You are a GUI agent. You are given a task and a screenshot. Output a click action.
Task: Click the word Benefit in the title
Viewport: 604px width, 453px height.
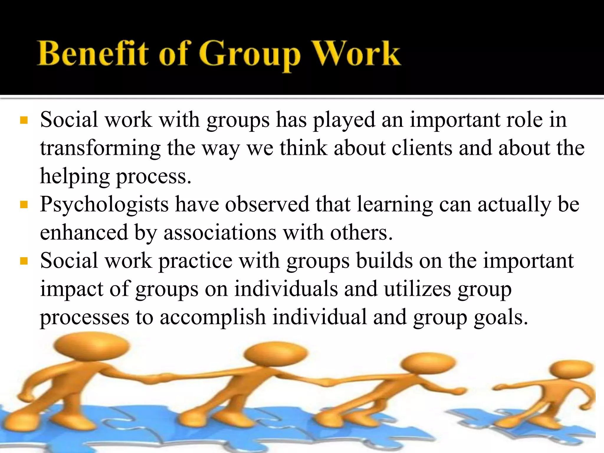click(93, 54)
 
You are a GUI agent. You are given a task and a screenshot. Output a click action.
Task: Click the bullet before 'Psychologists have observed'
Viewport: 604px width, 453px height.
click(24, 204)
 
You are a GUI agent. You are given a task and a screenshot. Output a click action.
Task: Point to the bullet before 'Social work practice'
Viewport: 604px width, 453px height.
click(24, 261)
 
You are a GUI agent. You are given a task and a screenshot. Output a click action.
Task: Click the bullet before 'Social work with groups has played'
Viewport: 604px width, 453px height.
click(24, 120)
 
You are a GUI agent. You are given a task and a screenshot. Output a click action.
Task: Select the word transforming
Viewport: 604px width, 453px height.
click(100, 148)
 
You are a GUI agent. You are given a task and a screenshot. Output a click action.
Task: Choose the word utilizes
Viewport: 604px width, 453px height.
click(417, 289)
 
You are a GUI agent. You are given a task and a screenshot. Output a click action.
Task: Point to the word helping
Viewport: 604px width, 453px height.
click(75, 176)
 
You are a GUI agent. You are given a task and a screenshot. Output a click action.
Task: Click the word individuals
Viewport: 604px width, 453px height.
click(286, 289)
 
